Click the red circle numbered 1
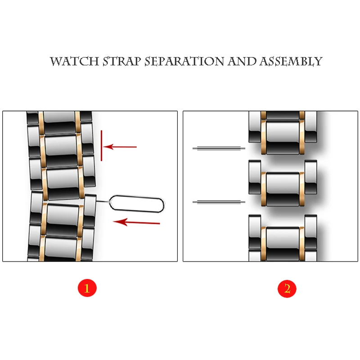tap(87, 288)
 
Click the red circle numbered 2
tap(287, 288)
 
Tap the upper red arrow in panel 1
tap(121, 147)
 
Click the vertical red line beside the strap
tap(102, 145)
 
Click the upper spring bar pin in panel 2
tap(219, 149)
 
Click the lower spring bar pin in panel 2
tap(219, 202)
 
